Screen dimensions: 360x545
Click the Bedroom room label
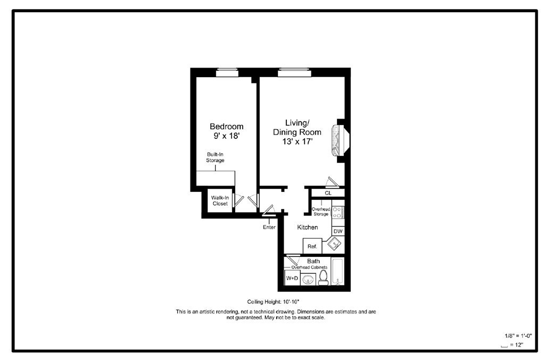(226, 127)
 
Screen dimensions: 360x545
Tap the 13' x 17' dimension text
(297, 141)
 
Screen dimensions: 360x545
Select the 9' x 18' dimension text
(226, 136)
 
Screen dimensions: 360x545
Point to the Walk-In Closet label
(219, 200)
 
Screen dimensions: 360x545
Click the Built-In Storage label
(216, 157)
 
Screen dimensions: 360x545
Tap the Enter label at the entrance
(269, 228)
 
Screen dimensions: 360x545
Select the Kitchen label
(308, 227)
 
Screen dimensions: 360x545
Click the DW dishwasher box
(338, 231)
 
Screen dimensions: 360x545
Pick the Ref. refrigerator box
(312, 246)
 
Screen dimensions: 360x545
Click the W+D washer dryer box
(292, 278)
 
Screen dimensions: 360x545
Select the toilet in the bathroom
(323, 278)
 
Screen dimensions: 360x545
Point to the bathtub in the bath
(338, 271)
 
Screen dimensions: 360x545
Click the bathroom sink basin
(308, 279)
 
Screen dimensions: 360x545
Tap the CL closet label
(328, 192)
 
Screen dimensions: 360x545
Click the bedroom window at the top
(227, 73)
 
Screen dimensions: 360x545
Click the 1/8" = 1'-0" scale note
(518, 336)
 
